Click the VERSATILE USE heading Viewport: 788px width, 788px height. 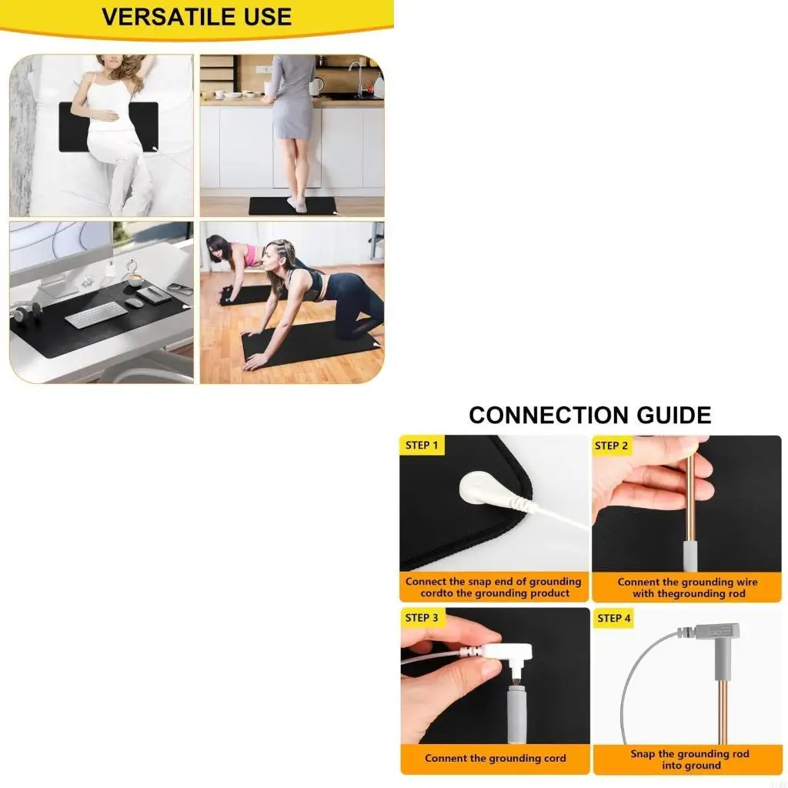(197, 16)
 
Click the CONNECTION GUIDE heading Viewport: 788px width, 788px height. (590, 416)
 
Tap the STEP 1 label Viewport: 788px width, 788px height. (422, 446)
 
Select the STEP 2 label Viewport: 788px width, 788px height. (612, 446)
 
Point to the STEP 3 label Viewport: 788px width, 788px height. (422, 617)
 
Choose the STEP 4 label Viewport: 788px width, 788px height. (613, 618)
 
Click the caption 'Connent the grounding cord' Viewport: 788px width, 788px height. (496, 758)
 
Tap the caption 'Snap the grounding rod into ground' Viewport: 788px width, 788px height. (689, 759)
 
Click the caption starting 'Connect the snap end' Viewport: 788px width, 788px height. (493, 587)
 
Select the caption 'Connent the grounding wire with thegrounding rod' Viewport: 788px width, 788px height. (687, 588)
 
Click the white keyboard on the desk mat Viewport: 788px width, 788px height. (96, 314)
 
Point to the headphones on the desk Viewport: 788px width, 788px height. (26, 312)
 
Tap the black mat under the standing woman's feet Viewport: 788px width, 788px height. (292, 206)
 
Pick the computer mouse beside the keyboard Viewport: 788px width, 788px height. (134, 303)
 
